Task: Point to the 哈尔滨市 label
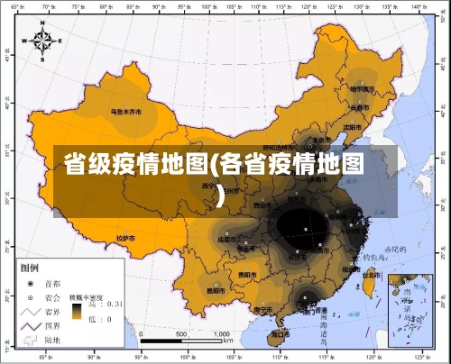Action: point(363,88)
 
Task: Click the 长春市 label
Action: point(361,108)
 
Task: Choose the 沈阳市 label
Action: point(353,127)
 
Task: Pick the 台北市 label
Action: point(372,269)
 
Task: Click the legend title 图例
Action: point(30,268)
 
